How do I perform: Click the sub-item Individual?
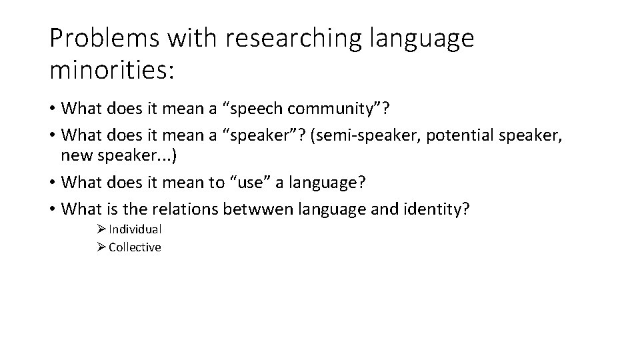(x=135, y=229)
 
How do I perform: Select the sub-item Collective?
(x=135, y=247)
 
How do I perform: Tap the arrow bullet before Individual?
(x=101, y=229)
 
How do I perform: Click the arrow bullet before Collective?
(x=101, y=247)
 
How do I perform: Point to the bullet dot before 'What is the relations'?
(x=52, y=209)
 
